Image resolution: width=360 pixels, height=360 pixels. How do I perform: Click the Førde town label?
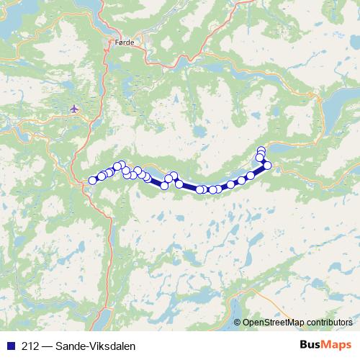(124, 43)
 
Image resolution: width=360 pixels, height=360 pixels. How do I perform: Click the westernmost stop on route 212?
(92, 180)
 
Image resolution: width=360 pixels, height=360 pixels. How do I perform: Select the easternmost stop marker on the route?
(267, 166)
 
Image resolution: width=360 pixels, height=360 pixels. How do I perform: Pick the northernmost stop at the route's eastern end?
(261, 150)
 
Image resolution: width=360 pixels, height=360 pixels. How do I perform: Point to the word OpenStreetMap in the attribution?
(272, 323)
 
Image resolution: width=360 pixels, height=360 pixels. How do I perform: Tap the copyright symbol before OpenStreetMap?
(238, 323)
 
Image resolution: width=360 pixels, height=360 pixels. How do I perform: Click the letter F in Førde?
(117, 43)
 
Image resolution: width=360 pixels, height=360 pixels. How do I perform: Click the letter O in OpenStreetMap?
(246, 323)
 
